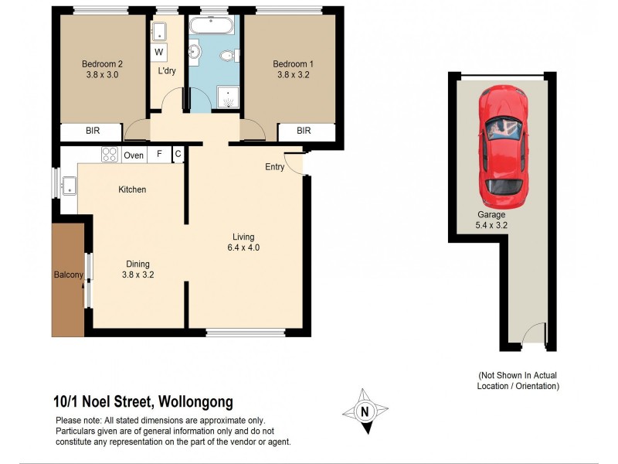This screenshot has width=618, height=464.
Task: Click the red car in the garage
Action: [502, 142]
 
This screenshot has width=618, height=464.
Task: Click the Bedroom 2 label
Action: [103, 64]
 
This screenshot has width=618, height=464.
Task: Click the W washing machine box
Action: [159, 52]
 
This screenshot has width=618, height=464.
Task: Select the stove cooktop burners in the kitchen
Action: [109, 154]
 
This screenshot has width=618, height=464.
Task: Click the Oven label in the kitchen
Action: [134, 155]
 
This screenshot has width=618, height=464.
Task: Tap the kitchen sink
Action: [69, 185]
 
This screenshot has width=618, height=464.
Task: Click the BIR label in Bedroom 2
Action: [91, 131]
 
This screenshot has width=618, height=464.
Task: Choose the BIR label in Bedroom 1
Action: [304, 131]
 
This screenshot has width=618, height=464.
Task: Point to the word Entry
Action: [275, 167]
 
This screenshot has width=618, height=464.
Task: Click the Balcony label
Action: [68, 275]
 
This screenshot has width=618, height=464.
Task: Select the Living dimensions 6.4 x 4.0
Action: [243, 248]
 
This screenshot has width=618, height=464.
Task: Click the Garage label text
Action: [491, 215]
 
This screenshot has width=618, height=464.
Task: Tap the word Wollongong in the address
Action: [195, 402]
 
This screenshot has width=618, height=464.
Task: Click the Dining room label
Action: [138, 264]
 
